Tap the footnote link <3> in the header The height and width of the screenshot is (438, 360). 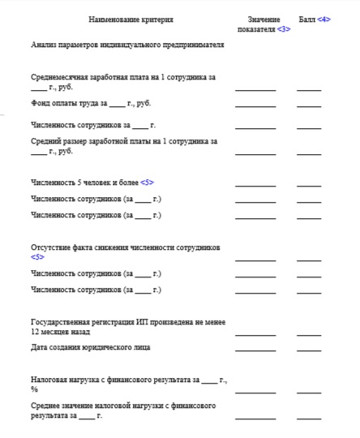click(284, 28)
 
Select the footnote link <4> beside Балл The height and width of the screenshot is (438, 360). click(324, 19)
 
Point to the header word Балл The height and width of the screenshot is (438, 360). click(306, 19)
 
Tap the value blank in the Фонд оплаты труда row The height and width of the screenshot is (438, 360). click(255, 105)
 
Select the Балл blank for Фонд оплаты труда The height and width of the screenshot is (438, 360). click(309, 105)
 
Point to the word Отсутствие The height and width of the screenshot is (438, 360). click(53, 247)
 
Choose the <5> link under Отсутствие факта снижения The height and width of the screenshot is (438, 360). click(37, 256)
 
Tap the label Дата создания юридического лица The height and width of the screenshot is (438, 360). click(91, 347)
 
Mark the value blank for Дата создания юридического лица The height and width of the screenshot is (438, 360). click(255, 350)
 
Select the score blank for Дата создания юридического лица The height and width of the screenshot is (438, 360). click(309, 350)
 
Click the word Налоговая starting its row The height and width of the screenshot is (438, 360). click(50, 379)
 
